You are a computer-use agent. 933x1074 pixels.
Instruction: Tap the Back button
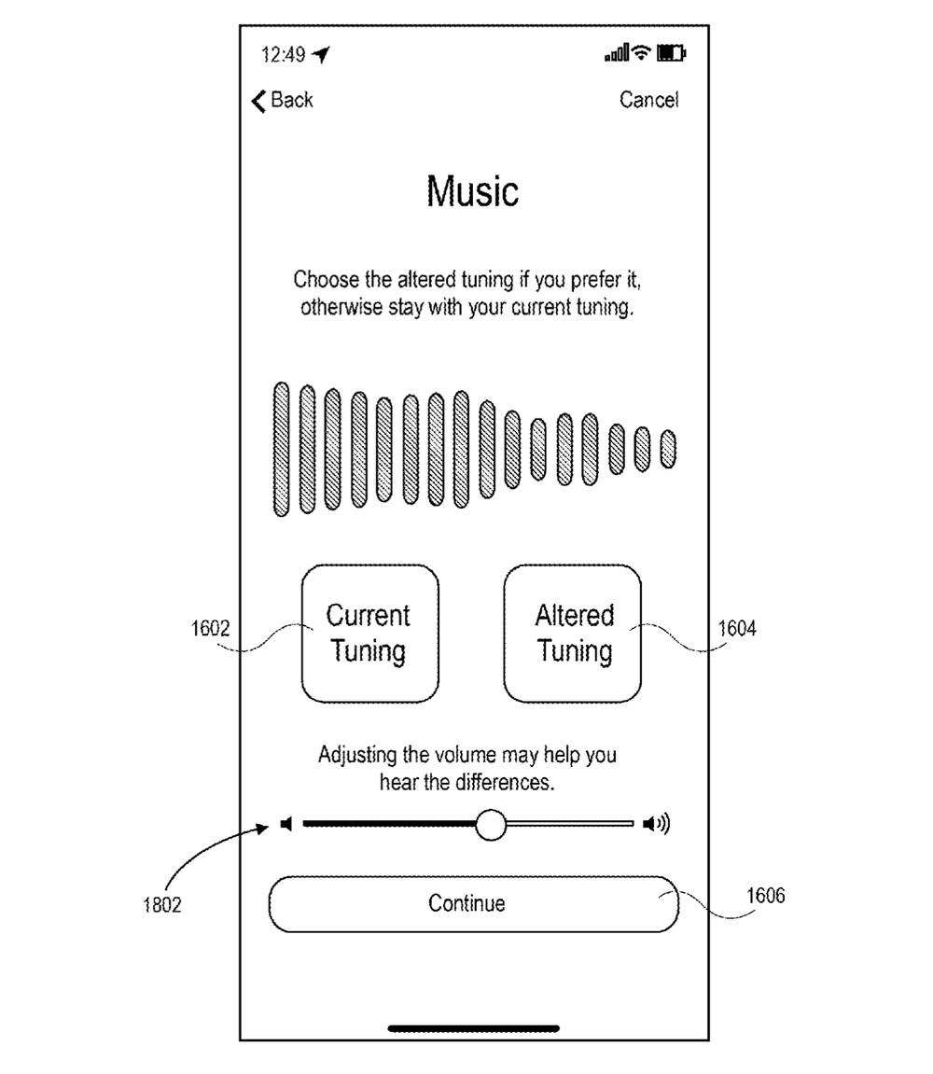[282, 100]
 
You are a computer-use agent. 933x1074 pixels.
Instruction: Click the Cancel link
[648, 100]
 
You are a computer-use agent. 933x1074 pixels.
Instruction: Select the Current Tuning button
[369, 634]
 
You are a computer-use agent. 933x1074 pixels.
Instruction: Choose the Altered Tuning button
[573, 634]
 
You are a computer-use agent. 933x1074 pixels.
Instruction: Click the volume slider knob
[491, 824]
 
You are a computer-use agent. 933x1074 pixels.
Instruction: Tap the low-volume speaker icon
[286, 823]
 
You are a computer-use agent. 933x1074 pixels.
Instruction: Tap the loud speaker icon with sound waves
[656, 823]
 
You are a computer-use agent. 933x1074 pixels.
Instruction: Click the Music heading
[473, 191]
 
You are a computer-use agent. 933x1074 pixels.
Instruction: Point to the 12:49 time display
[283, 54]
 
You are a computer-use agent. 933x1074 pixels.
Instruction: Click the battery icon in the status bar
[671, 53]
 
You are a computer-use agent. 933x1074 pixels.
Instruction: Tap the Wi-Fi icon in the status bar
[641, 52]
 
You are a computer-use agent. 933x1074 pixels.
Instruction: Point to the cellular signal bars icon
[617, 53]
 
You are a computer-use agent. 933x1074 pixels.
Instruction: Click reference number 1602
[210, 628]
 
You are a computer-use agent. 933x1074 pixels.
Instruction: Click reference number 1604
[737, 628]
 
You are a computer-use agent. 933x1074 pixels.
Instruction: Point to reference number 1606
[765, 895]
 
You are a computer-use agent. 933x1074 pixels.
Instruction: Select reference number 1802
[162, 905]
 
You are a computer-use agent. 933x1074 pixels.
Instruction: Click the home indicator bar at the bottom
[473, 1028]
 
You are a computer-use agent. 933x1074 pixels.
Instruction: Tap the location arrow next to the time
[321, 54]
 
